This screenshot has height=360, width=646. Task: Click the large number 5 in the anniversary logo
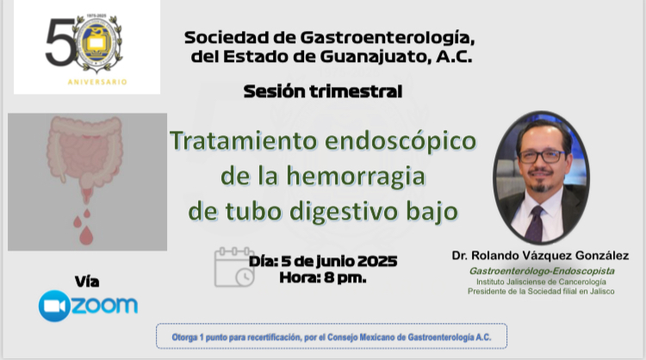coord(59,42)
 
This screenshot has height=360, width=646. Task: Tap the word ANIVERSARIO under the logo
coord(97,82)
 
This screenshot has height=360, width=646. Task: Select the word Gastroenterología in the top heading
coord(388,38)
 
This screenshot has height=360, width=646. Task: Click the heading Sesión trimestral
coord(323,91)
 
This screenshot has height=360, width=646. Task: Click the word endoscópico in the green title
coord(400,141)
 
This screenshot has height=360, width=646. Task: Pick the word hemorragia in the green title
coord(356,177)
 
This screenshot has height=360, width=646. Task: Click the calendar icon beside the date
coord(234,267)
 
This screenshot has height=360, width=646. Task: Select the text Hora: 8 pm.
coord(323,277)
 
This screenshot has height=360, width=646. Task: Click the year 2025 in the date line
coord(376,261)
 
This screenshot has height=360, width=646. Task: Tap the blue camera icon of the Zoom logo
coord(54,306)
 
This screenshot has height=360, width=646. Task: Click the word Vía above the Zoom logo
coord(87,282)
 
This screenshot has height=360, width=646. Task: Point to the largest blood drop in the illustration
coord(86,235)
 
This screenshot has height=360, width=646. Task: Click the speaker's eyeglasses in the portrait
coord(542,157)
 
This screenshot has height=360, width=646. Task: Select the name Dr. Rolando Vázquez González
coord(540,256)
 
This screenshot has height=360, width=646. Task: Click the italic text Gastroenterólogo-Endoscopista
coord(542,271)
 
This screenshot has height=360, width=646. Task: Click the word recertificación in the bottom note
coord(273,338)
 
